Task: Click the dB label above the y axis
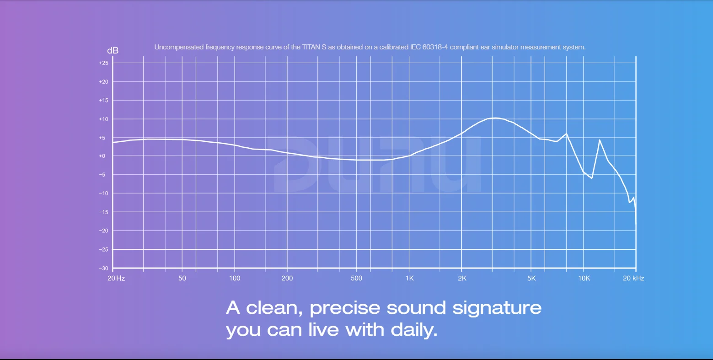tap(113, 50)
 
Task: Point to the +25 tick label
tap(104, 63)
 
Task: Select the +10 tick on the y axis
tap(104, 119)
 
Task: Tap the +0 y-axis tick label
tap(102, 156)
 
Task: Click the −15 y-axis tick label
tap(103, 212)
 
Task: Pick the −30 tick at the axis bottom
tap(103, 269)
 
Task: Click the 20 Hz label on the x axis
tap(116, 278)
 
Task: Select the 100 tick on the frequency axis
tap(235, 278)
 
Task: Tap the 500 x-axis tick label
tap(356, 278)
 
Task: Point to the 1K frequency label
tap(410, 278)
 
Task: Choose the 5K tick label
tap(531, 278)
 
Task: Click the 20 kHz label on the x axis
tap(633, 278)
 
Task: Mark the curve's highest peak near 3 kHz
tap(495, 118)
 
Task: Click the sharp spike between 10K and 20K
tap(600, 140)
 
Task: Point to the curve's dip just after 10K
tap(592, 178)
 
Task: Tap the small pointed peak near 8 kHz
tap(567, 134)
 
